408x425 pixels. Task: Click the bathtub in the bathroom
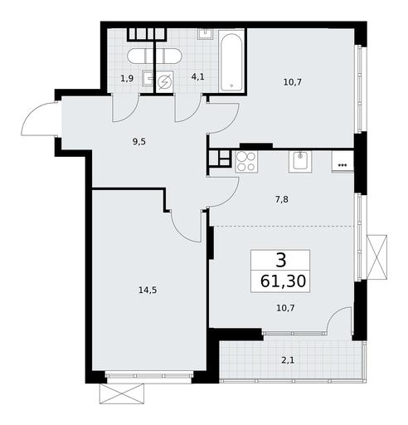[x=231, y=61]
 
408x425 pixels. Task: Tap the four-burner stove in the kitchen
[x=246, y=162]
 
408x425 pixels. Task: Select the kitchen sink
[x=300, y=162]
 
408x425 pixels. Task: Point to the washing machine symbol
[x=165, y=82]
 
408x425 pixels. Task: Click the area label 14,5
[x=148, y=290]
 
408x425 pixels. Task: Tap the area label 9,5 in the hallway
[x=139, y=142]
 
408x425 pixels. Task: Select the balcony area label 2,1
[x=288, y=360]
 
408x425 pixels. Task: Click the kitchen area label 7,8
[x=282, y=199]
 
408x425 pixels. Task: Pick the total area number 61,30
[x=283, y=281]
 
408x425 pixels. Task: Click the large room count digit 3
[x=280, y=261]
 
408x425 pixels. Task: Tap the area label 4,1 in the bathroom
[x=198, y=76]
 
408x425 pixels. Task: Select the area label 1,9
[x=127, y=79]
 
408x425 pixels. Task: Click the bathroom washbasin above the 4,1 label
[x=206, y=34]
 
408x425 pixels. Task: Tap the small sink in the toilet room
[x=148, y=78]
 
